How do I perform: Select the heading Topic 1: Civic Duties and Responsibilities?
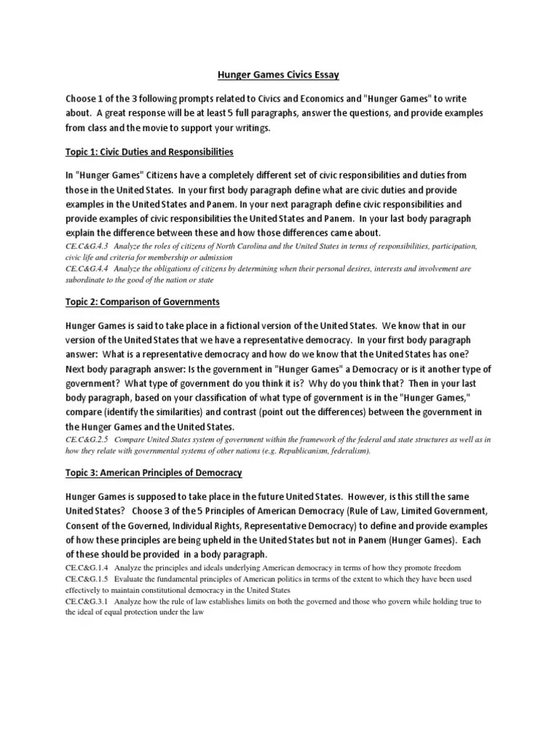click(x=150, y=151)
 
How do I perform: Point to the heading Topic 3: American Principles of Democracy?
click(x=154, y=472)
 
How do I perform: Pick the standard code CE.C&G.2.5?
click(x=87, y=440)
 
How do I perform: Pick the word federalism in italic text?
click(x=349, y=451)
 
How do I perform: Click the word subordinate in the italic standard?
click(x=86, y=279)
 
